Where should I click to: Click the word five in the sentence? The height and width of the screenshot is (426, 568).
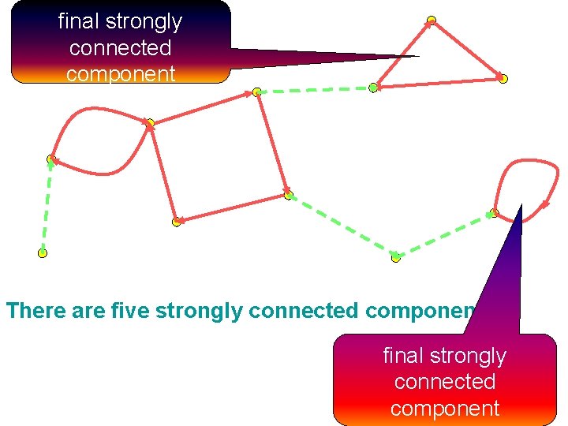point(133,310)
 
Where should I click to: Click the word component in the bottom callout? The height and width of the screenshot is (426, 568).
point(445,408)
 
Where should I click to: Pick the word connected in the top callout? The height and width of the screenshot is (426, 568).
point(120,47)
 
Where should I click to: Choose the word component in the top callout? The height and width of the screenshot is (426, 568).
point(120,73)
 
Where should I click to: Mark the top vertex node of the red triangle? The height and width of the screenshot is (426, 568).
point(431,21)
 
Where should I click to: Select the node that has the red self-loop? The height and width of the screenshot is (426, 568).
point(495,211)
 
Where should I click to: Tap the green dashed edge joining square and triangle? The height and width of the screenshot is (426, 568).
point(316,90)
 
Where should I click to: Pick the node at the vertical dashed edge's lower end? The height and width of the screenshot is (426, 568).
point(43,253)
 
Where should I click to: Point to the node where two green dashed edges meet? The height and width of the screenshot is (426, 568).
point(395,257)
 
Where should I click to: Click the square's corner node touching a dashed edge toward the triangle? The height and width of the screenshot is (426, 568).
point(257,92)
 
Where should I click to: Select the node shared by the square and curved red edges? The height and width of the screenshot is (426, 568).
point(150,123)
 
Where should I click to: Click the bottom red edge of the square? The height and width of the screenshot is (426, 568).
point(232,208)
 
